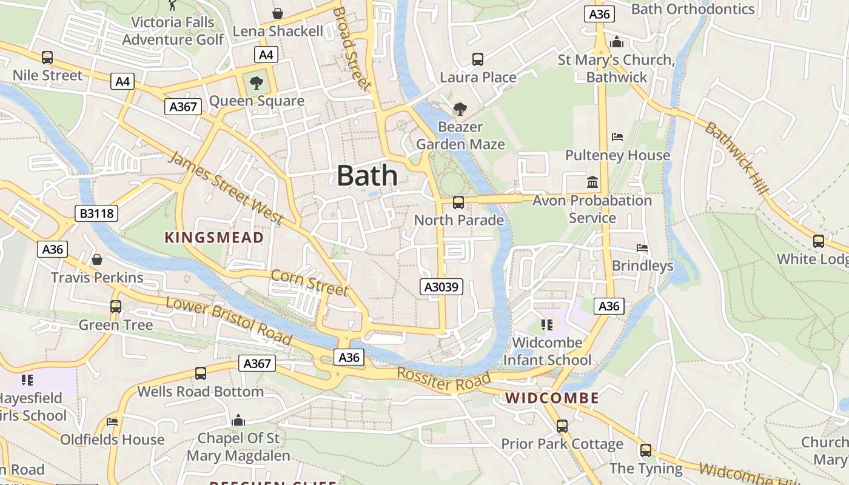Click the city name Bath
[x=367, y=176]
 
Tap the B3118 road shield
[x=96, y=213]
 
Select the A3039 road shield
[x=441, y=287]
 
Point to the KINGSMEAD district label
[x=215, y=238]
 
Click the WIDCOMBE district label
[x=552, y=398]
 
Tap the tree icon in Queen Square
[x=257, y=83]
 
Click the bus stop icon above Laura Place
[x=478, y=59]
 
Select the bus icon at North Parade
[x=458, y=202]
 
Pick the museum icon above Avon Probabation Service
[x=592, y=182]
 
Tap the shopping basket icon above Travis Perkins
[x=97, y=259]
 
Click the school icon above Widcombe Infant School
[x=547, y=325]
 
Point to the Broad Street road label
[x=351, y=48]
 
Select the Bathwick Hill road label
[x=737, y=158]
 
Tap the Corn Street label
[x=309, y=283]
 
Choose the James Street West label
[x=225, y=188]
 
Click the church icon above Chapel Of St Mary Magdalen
[x=238, y=420]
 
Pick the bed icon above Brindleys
[x=642, y=248]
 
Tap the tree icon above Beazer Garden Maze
[x=460, y=109]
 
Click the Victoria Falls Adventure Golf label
[x=173, y=31]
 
